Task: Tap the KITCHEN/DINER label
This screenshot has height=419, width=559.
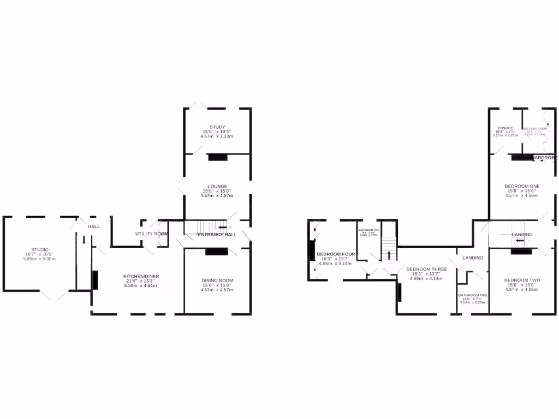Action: click(141, 276)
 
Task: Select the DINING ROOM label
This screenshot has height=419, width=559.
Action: click(217, 280)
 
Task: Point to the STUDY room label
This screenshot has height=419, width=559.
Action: click(217, 127)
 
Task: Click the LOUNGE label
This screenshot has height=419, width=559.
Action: click(217, 186)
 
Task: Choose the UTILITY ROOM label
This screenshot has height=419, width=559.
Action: click(151, 234)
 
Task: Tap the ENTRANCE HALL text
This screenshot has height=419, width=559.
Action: click(217, 235)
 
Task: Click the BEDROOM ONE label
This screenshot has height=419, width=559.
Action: click(522, 186)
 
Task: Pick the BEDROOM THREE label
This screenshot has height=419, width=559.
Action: click(426, 269)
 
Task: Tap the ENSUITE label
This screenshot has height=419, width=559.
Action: click(505, 128)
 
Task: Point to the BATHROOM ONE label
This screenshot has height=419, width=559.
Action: click(473, 295)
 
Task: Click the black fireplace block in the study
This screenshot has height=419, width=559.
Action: click(217, 157)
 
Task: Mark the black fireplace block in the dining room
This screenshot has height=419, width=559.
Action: click(217, 252)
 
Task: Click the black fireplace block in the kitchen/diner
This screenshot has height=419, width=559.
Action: click(95, 280)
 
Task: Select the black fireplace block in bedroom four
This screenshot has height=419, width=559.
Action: click(312, 250)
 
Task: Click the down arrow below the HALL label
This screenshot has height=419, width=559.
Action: click(84, 240)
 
